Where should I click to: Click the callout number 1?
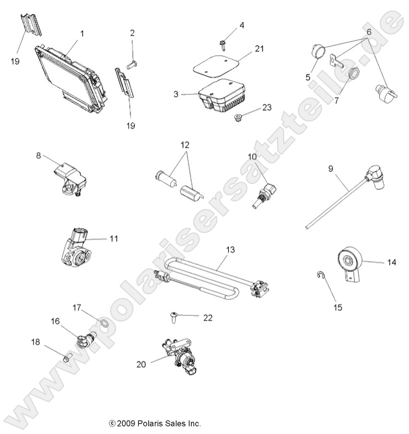click(82, 34)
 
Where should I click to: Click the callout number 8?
click(39, 156)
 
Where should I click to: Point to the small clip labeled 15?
click(321, 275)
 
